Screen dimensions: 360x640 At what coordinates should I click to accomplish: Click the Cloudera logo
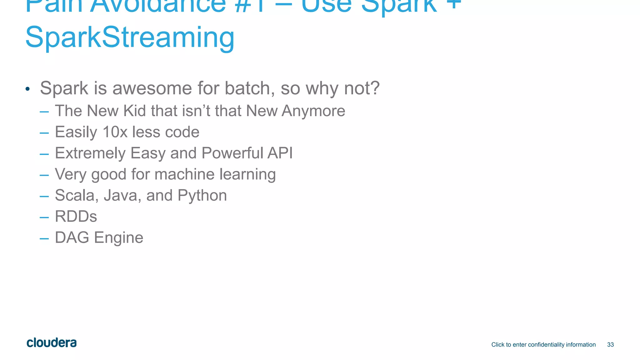coord(52,343)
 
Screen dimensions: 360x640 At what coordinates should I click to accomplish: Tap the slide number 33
coord(610,345)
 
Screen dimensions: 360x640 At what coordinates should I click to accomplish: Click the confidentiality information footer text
coord(543,345)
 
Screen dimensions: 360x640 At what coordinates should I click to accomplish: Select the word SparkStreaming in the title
coord(130,37)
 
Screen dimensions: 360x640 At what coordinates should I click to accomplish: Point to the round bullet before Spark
coord(28,89)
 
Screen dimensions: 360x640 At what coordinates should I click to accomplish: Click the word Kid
coord(134,111)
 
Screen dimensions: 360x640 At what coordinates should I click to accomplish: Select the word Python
coord(202,196)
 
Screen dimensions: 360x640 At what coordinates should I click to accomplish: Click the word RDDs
coord(76,217)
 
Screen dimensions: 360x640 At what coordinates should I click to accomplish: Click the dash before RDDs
coord(44,217)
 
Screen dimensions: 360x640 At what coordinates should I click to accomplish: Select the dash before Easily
coord(44,133)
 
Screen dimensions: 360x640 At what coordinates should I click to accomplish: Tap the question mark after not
coord(374,88)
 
